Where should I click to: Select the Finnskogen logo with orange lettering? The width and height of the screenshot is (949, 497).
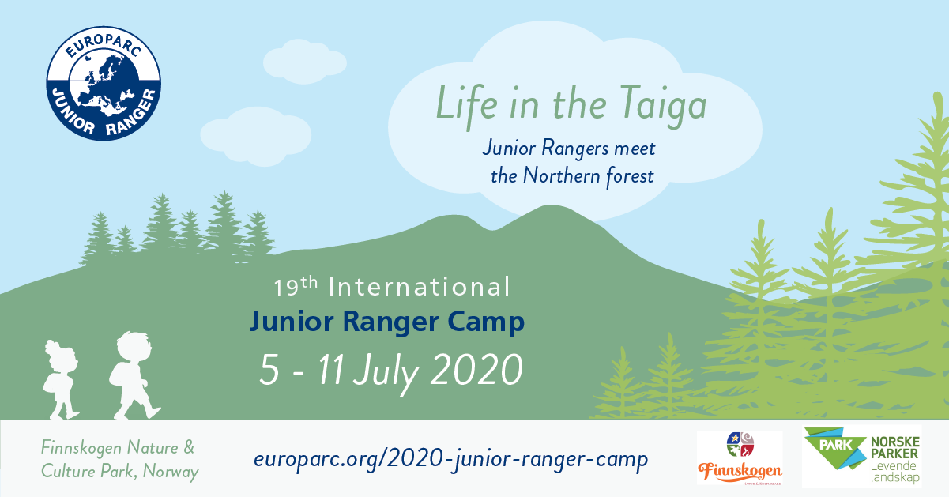pyautogui.click(x=740, y=459)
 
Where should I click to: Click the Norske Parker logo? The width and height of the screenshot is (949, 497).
pyautogui.click(x=861, y=457)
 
